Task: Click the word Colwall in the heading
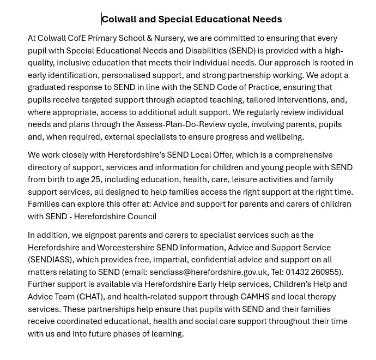click(119, 19)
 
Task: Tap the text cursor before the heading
click(101, 19)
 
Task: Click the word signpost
click(102, 235)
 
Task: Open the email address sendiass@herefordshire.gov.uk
click(208, 272)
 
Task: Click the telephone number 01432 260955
click(313, 272)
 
